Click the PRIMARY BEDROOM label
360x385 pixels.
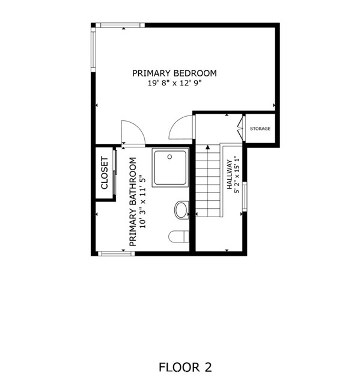[174, 73]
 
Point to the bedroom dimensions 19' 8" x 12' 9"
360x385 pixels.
[174, 84]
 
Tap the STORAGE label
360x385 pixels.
[260, 129]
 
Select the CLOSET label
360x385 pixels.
[105, 173]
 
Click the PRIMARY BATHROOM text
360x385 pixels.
[133, 202]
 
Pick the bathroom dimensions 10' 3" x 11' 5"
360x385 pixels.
[143, 202]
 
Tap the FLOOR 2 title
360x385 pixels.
[185, 367]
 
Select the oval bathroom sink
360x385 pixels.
[181, 211]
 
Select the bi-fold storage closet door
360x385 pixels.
[241, 128]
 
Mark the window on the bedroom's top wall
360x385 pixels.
[120, 25]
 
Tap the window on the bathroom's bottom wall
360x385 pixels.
[116, 253]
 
